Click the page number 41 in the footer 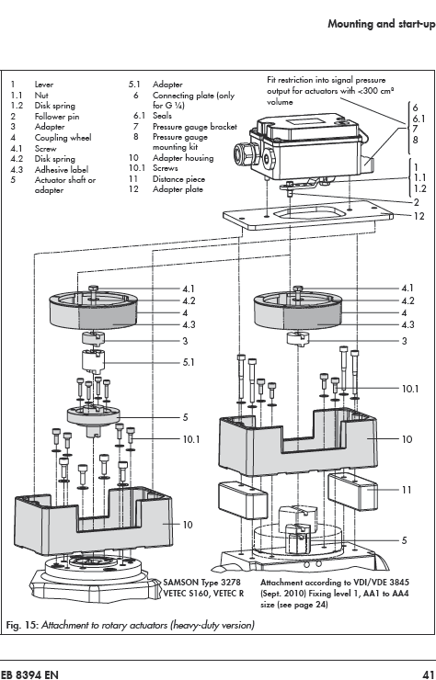click(x=429, y=674)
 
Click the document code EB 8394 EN click(x=29, y=674)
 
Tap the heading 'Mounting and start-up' click(x=382, y=23)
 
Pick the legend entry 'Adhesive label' click(x=62, y=170)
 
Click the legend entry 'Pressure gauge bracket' click(x=195, y=127)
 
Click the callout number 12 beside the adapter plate click(x=419, y=216)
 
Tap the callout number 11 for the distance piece click(x=407, y=490)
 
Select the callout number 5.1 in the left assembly click(x=189, y=362)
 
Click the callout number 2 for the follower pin click(x=417, y=202)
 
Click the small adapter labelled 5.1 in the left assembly click(x=93, y=361)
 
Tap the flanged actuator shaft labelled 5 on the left click(x=93, y=418)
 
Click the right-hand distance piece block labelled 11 click(x=352, y=492)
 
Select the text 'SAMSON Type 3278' click(x=201, y=583)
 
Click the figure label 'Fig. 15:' click(x=23, y=625)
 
